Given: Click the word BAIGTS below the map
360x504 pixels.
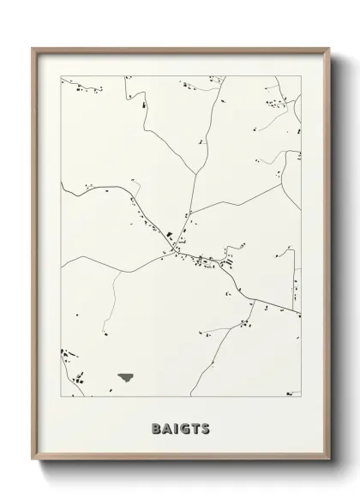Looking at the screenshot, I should [x=179, y=428].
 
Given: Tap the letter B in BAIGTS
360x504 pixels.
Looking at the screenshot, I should [x=155, y=428].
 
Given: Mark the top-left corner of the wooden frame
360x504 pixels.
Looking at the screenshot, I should [x=33, y=48].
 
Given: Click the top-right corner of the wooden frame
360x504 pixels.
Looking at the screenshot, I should [x=327, y=48].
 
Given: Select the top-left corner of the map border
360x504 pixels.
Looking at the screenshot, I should [x=61, y=76].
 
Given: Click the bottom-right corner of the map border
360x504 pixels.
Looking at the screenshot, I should [x=301, y=396].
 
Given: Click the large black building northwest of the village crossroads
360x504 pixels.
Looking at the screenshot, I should [x=170, y=233].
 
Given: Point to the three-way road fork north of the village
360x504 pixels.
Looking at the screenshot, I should [x=186, y=214].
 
